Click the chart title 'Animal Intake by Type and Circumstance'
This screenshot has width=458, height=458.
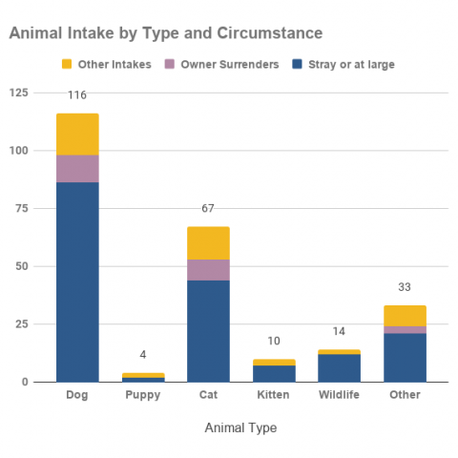(x=165, y=33)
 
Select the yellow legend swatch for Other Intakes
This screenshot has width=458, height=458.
(x=67, y=64)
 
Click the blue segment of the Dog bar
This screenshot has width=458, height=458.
(x=77, y=281)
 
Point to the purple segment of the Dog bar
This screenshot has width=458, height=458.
(x=77, y=168)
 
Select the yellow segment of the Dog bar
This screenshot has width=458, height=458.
(x=77, y=134)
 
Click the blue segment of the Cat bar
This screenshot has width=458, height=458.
(x=208, y=330)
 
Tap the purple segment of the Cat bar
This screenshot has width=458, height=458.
(x=208, y=269)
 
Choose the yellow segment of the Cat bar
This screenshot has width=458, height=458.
(x=208, y=242)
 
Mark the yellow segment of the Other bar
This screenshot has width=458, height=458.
(x=405, y=316)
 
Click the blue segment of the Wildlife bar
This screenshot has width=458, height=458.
(x=339, y=367)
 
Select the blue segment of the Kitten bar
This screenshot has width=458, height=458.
(x=274, y=373)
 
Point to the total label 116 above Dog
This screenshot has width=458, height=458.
(x=77, y=95)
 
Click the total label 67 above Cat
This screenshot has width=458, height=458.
(x=208, y=209)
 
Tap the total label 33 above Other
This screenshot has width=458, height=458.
(x=405, y=287)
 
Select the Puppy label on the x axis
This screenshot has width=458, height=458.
(x=142, y=395)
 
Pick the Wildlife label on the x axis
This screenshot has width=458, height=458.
(x=339, y=395)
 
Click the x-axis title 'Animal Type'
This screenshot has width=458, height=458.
(x=240, y=428)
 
